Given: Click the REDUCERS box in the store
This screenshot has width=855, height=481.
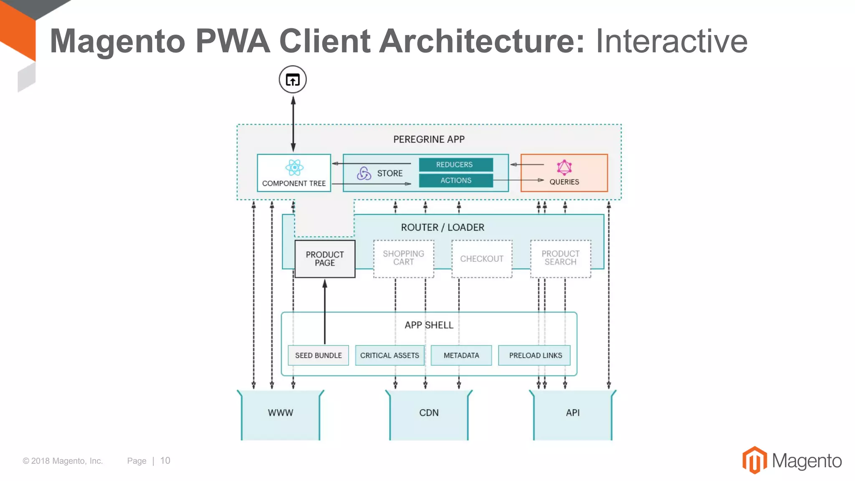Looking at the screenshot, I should tap(455, 165).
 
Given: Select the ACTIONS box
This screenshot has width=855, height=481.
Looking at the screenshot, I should tap(455, 180).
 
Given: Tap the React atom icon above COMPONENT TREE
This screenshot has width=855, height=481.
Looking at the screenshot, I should tap(294, 167).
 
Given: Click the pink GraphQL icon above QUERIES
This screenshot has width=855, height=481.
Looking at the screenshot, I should tap(564, 167).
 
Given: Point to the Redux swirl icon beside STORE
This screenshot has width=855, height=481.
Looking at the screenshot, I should tap(364, 173).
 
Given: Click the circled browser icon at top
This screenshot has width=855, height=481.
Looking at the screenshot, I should tap(293, 79).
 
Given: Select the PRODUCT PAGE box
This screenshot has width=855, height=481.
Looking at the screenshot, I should tap(325, 259).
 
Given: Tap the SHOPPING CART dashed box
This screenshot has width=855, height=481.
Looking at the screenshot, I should tap(403, 258).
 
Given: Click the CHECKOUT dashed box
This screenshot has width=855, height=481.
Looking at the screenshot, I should tap(482, 259).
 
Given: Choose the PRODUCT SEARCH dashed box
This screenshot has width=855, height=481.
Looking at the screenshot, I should tap(560, 258).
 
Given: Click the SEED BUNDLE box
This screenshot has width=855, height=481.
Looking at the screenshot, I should tap(318, 355).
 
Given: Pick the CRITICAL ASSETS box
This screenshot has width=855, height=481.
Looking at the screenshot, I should tap(390, 355).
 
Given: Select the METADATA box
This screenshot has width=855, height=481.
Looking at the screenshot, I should tap(461, 355).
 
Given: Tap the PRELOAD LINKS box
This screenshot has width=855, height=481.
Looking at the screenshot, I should tap(535, 355).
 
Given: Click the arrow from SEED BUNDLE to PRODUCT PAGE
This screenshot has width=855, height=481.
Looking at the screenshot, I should tap(325, 313).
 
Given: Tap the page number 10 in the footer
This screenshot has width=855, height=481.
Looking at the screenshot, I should tap(165, 461).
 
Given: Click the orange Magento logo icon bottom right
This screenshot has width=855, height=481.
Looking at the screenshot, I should tap(754, 460).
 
